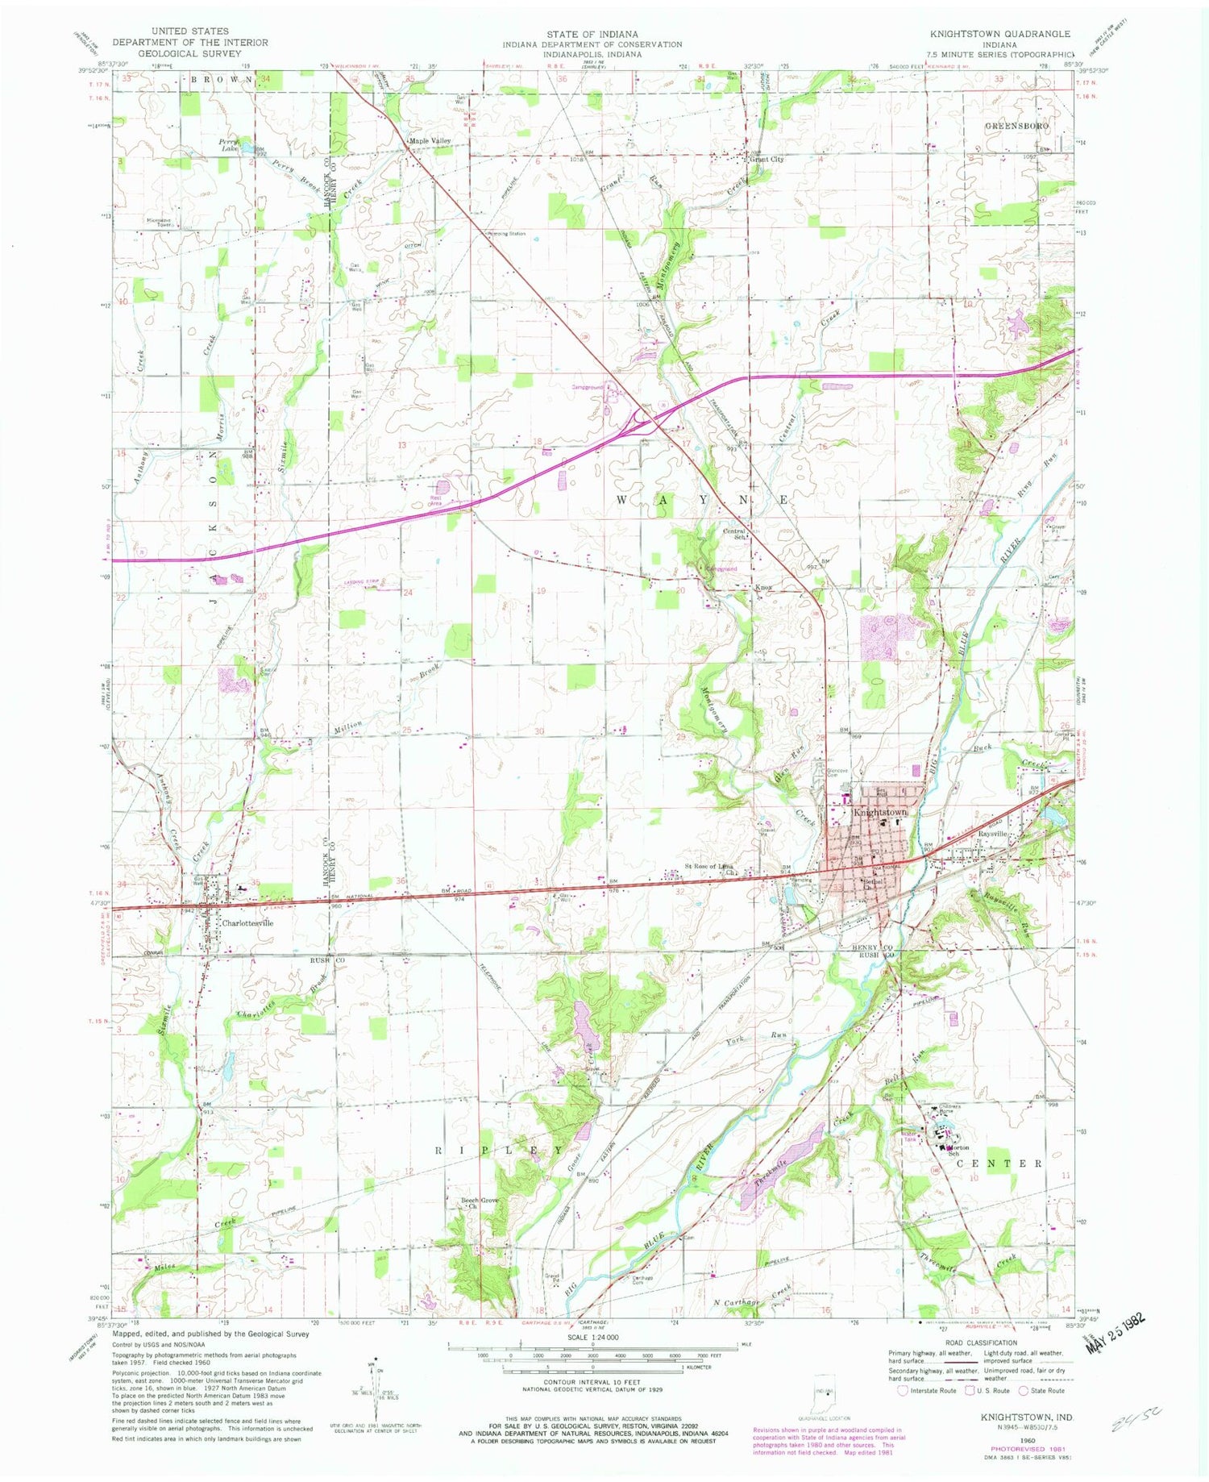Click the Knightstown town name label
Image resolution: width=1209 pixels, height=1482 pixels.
click(880, 812)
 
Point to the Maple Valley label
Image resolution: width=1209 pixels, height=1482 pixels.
click(430, 141)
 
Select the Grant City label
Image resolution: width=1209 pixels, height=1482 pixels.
click(767, 159)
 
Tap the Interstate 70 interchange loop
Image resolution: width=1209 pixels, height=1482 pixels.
click(643, 417)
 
